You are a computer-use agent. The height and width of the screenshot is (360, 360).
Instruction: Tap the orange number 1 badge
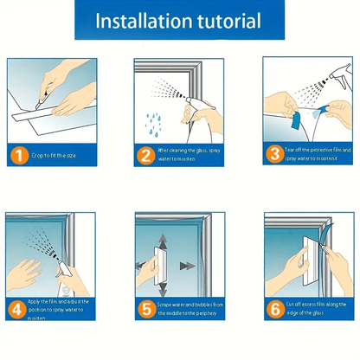(18, 157)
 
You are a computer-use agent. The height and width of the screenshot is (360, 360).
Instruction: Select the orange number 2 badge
(146, 156)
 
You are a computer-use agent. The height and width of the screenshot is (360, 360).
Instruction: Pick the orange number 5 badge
(146, 307)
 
